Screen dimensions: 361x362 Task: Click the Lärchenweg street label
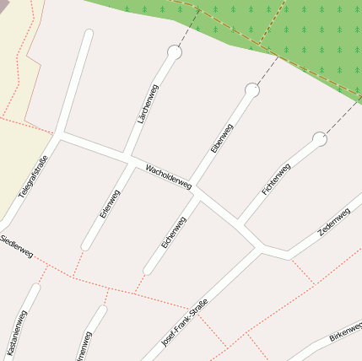[147, 105]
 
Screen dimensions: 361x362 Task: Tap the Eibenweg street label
[221, 137]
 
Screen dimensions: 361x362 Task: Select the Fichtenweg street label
[277, 179]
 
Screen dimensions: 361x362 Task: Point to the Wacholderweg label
[169, 176]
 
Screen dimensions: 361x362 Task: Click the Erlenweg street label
[110, 204]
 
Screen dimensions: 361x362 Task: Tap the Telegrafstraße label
[33, 175]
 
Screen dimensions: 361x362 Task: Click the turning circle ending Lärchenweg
[175, 53]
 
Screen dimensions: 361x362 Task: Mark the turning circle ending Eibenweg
[251, 89]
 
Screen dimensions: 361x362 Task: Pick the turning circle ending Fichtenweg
[319, 138]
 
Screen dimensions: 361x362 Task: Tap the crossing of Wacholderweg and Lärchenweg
[128, 158]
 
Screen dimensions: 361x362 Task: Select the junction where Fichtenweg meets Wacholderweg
[240, 223]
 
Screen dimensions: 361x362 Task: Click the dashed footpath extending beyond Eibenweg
[266, 71]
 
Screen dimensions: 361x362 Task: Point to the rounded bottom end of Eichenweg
[148, 271]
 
